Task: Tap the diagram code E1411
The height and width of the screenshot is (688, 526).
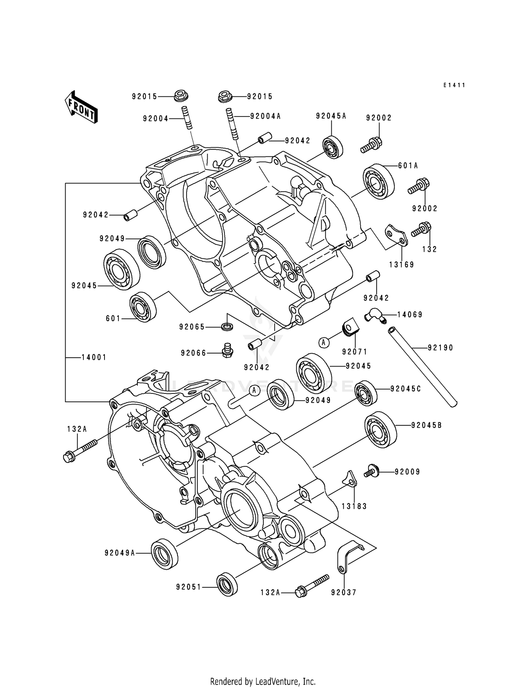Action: pyautogui.click(x=454, y=85)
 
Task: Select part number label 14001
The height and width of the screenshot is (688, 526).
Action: pyautogui.click(x=94, y=357)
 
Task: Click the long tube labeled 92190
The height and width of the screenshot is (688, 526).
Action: pyautogui.click(x=423, y=367)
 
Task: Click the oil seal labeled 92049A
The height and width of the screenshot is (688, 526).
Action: pyautogui.click(x=164, y=553)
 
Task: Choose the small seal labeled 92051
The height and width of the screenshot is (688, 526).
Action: pyautogui.click(x=227, y=584)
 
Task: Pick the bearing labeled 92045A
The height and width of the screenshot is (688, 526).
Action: pyautogui.click(x=332, y=146)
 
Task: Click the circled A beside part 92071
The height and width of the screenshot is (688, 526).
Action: pyautogui.click(x=324, y=342)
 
